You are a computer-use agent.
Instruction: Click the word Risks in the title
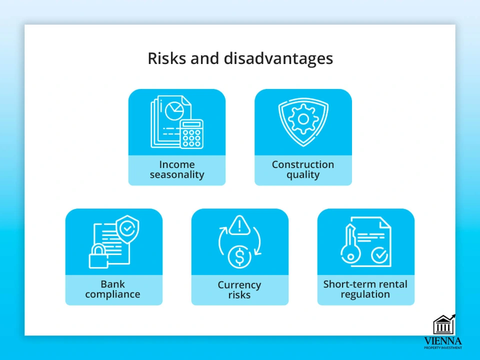(x=166, y=58)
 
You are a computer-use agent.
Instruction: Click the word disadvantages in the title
(x=278, y=58)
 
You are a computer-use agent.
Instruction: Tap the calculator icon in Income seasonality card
(x=191, y=134)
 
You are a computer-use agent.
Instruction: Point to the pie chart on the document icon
(x=174, y=110)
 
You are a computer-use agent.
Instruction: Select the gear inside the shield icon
(x=303, y=119)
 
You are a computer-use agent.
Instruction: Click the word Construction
(x=303, y=164)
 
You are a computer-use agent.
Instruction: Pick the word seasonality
(x=177, y=175)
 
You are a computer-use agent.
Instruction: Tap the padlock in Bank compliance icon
(x=98, y=256)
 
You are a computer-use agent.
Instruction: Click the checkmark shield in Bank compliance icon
(x=126, y=229)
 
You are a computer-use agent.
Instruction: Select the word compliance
(x=112, y=294)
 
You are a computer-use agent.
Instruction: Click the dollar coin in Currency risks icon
(x=239, y=256)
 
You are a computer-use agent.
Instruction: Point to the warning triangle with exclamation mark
(x=239, y=225)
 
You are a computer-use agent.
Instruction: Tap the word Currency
(x=239, y=285)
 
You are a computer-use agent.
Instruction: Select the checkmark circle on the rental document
(x=379, y=255)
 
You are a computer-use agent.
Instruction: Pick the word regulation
(x=365, y=294)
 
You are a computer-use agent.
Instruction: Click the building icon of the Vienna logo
(x=444, y=324)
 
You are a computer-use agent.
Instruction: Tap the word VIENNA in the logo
(x=443, y=340)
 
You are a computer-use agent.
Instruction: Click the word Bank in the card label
(x=112, y=284)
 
